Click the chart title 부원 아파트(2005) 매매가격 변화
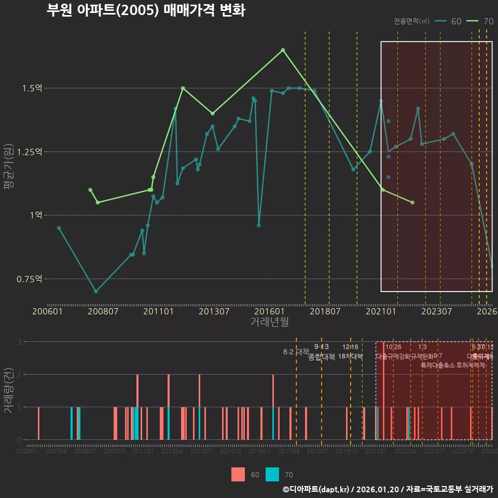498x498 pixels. [146, 10]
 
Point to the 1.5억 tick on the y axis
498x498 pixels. [32, 88]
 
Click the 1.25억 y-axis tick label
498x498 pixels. [30, 151]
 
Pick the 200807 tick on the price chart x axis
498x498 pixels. [103, 312]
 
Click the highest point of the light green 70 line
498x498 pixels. [283, 50]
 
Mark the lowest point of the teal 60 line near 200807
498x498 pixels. [96, 292]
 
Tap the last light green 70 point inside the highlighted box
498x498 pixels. [412, 202]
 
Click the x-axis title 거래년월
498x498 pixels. [270, 322]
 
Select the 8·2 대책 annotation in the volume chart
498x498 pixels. [296, 352]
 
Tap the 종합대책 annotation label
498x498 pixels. [322, 357]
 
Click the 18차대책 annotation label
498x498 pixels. [350, 356]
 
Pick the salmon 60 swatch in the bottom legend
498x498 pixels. [238, 474]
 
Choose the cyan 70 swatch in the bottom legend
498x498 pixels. [272, 474]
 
